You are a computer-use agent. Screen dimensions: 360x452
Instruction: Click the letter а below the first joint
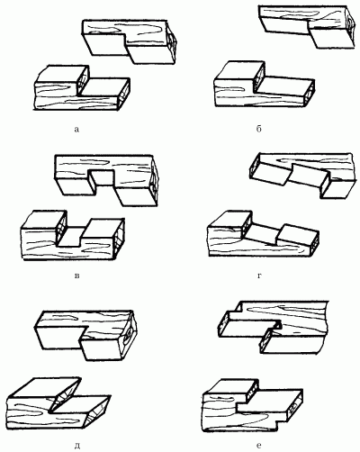76,130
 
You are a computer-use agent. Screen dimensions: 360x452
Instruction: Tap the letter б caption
259,129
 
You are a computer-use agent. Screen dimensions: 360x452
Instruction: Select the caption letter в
76,276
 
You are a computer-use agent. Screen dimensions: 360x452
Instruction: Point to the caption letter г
259,276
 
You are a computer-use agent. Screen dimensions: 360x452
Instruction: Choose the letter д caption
77,446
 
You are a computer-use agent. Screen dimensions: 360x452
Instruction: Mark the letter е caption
259,445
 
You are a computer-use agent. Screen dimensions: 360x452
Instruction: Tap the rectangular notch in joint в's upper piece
102,181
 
